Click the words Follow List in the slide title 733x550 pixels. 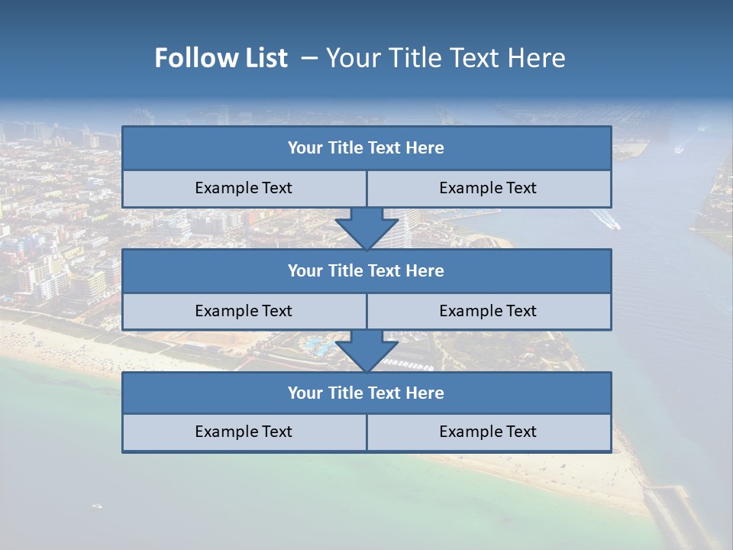click(221, 58)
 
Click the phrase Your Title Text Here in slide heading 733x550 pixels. click(445, 58)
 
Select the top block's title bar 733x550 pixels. click(366, 148)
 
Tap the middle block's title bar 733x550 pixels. click(366, 271)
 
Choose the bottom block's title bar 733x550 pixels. click(366, 393)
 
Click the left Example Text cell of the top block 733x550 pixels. click(244, 189)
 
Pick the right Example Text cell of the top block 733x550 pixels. click(489, 189)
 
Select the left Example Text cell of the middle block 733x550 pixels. click(244, 311)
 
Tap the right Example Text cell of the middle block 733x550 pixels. click(489, 311)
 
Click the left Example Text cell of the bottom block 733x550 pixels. click(244, 432)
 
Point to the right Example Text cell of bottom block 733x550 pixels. click(489, 432)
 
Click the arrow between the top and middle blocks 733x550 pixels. click(366, 228)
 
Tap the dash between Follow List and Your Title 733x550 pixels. click(309, 58)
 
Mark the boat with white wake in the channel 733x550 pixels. click(608, 220)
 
